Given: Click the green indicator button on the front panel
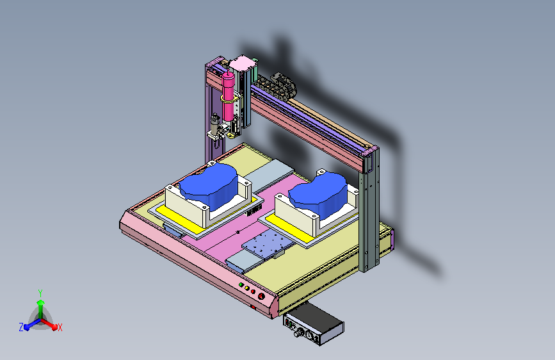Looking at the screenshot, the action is (x=241, y=284).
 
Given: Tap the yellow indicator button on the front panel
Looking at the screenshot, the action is (x=246, y=288).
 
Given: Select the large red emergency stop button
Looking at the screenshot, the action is (x=261, y=296).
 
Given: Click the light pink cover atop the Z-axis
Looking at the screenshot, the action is (x=243, y=63).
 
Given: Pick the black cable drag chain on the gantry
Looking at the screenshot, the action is (x=276, y=86).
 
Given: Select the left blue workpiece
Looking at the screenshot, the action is (x=208, y=185).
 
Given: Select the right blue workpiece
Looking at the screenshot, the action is (x=318, y=194).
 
